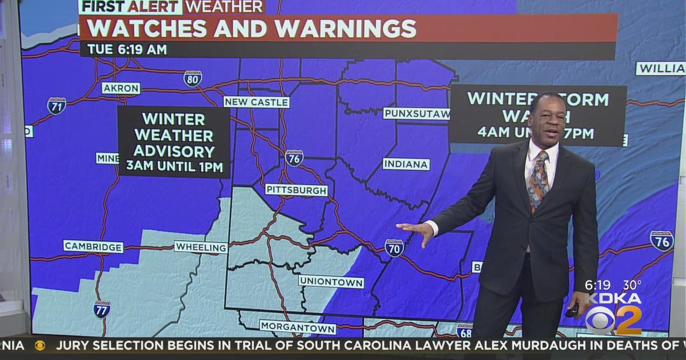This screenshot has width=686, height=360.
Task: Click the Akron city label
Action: click(x=121, y=88)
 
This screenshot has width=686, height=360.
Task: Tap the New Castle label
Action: click(x=256, y=102)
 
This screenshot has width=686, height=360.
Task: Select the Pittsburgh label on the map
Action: click(x=296, y=190)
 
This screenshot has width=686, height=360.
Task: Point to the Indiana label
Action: click(x=406, y=164)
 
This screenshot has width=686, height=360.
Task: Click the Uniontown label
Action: click(x=331, y=282)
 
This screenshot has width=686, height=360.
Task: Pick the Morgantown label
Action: click(x=298, y=327)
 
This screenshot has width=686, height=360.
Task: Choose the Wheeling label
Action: click(x=201, y=247)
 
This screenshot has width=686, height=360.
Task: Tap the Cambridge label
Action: click(x=93, y=246)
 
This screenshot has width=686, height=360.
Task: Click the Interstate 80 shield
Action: click(x=193, y=78)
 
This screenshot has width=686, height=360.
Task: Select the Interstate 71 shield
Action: click(x=57, y=106)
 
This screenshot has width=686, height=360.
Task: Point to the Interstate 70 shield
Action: click(x=394, y=247)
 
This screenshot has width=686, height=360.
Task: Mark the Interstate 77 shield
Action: click(x=102, y=309)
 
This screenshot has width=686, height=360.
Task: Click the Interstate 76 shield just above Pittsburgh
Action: click(x=294, y=158)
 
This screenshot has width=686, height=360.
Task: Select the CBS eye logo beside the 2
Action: click(x=600, y=321)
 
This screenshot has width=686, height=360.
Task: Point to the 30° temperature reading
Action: click(x=632, y=284)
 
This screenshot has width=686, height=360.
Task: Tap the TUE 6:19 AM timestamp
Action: click(x=127, y=50)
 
